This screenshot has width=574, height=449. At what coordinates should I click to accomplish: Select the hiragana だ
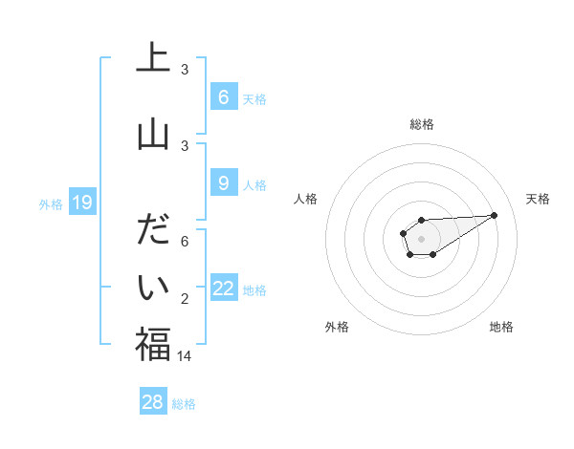pyautogui.click(x=153, y=232)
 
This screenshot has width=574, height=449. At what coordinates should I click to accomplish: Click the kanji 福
pyautogui.click(x=153, y=344)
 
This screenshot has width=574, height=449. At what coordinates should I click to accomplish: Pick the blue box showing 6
pyautogui.click(x=223, y=97)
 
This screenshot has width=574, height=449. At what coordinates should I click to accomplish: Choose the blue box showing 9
pyautogui.click(x=223, y=183)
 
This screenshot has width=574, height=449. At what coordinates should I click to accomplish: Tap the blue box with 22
pyautogui.click(x=224, y=289)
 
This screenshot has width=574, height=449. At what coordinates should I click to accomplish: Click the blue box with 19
pyautogui.click(x=82, y=203)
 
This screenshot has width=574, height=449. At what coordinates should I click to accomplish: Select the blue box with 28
pyautogui.click(x=153, y=402)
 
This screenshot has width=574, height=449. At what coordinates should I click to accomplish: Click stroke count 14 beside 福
pyautogui.click(x=184, y=355)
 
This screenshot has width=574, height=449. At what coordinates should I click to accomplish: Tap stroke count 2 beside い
pyautogui.click(x=185, y=299)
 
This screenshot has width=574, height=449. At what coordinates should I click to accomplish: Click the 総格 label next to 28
pyautogui.click(x=184, y=404)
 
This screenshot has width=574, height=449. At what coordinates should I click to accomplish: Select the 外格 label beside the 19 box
pyautogui.click(x=50, y=203)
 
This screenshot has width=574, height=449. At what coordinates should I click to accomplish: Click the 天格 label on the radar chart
pyautogui.click(x=539, y=199)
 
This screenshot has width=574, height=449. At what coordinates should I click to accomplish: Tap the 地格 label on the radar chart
pyautogui.click(x=501, y=327)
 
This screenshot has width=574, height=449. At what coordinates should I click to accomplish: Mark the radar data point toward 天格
pyautogui.click(x=495, y=214)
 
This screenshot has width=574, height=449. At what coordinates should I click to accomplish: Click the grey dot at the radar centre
pyautogui.click(x=421, y=238)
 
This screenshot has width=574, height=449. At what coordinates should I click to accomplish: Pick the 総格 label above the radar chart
pyautogui.click(x=422, y=124)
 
